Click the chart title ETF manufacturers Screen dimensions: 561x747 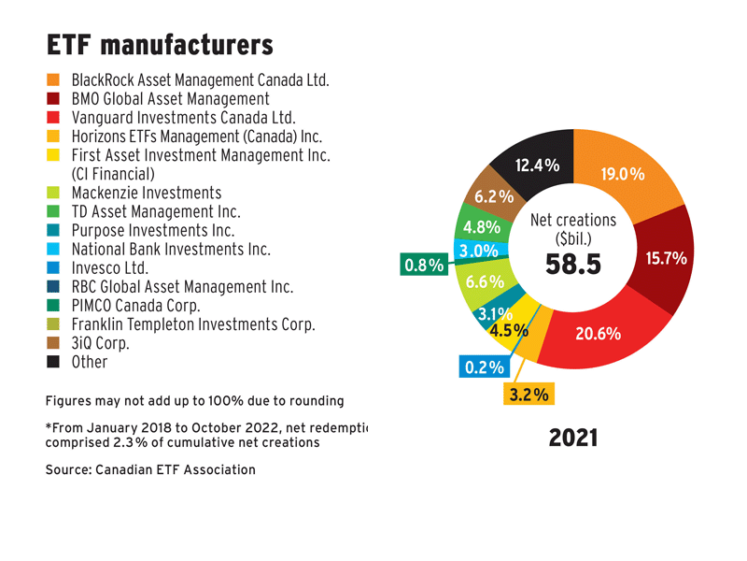[x=160, y=44]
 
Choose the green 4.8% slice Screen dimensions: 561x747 [x=477, y=225]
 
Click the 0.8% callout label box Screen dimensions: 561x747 [x=423, y=266]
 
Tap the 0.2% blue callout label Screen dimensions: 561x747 [x=484, y=367]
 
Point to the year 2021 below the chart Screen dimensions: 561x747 [x=572, y=437]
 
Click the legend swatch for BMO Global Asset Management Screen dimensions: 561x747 [x=53, y=99]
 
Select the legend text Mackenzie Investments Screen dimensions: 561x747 [x=146, y=192]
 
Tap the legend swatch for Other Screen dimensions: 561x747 [x=53, y=362]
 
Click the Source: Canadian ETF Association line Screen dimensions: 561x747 [x=150, y=469]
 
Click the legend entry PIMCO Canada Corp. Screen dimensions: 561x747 [x=135, y=306]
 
